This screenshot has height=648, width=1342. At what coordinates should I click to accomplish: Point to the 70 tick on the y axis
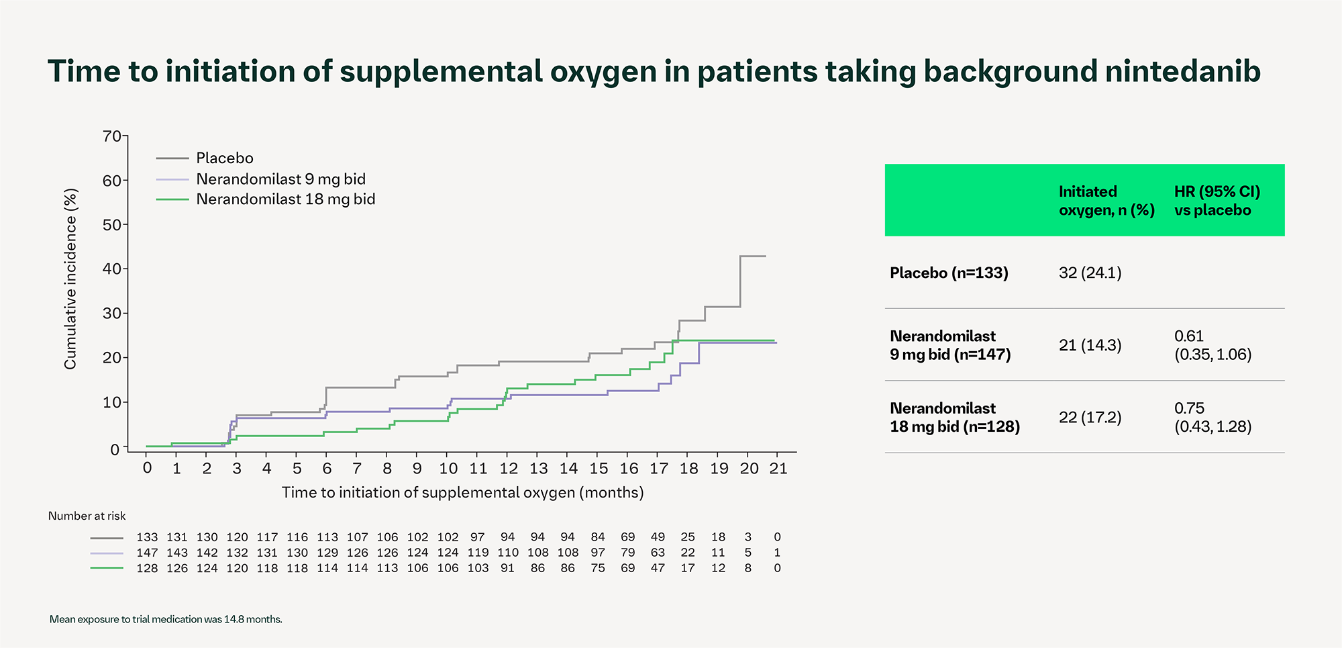point(111,136)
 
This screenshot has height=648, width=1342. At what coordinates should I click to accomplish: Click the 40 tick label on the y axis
point(111,269)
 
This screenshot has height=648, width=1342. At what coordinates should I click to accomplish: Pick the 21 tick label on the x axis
point(778,468)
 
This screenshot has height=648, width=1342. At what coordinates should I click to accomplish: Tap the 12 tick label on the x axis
point(509,468)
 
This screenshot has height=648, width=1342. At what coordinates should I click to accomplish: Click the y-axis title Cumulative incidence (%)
point(70,279)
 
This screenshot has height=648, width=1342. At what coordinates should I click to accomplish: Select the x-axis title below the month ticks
point(462,493)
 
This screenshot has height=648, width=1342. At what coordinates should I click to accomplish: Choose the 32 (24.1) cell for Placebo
point(1090,273)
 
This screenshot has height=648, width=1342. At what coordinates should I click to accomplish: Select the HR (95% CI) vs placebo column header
point(1217,201)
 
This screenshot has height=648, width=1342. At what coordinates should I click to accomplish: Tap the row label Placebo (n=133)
point(949,273)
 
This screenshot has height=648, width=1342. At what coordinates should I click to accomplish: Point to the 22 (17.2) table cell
point(1090,418)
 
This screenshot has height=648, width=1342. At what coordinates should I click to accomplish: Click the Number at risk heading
point(87,516)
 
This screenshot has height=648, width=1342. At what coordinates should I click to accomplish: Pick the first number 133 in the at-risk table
point(147,537)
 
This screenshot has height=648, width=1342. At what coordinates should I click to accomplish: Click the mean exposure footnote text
point(166,619)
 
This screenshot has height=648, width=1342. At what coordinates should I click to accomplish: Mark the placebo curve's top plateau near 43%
point(753,256)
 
